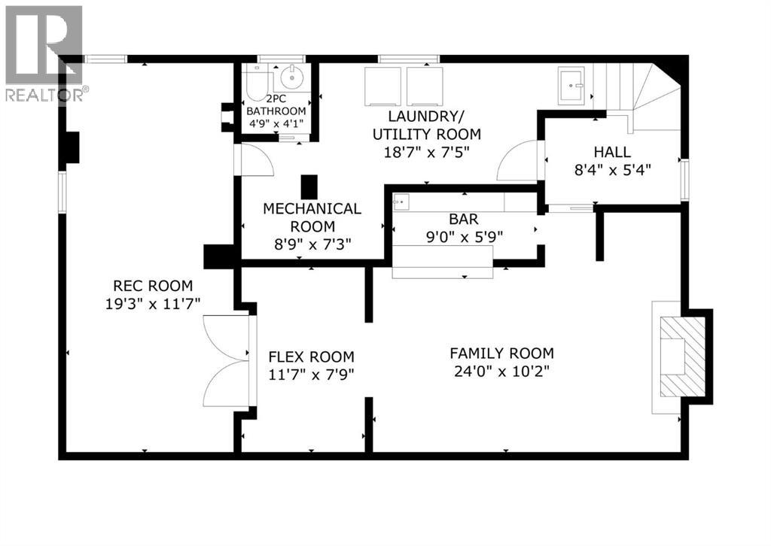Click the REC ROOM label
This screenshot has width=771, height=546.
tap(153, 286)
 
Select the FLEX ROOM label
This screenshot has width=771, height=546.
tap(312, 356)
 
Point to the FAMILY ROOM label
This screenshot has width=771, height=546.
tap(501, 353)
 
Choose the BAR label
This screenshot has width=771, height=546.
tap(465, 219)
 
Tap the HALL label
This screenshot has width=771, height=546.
tap(612, 151)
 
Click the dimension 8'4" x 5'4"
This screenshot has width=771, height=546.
tap(612, 169)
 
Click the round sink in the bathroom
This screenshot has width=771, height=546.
tap(290, 77)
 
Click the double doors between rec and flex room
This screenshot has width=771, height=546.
tap(227, 362)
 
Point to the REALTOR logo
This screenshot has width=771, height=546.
tap(44, 53)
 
